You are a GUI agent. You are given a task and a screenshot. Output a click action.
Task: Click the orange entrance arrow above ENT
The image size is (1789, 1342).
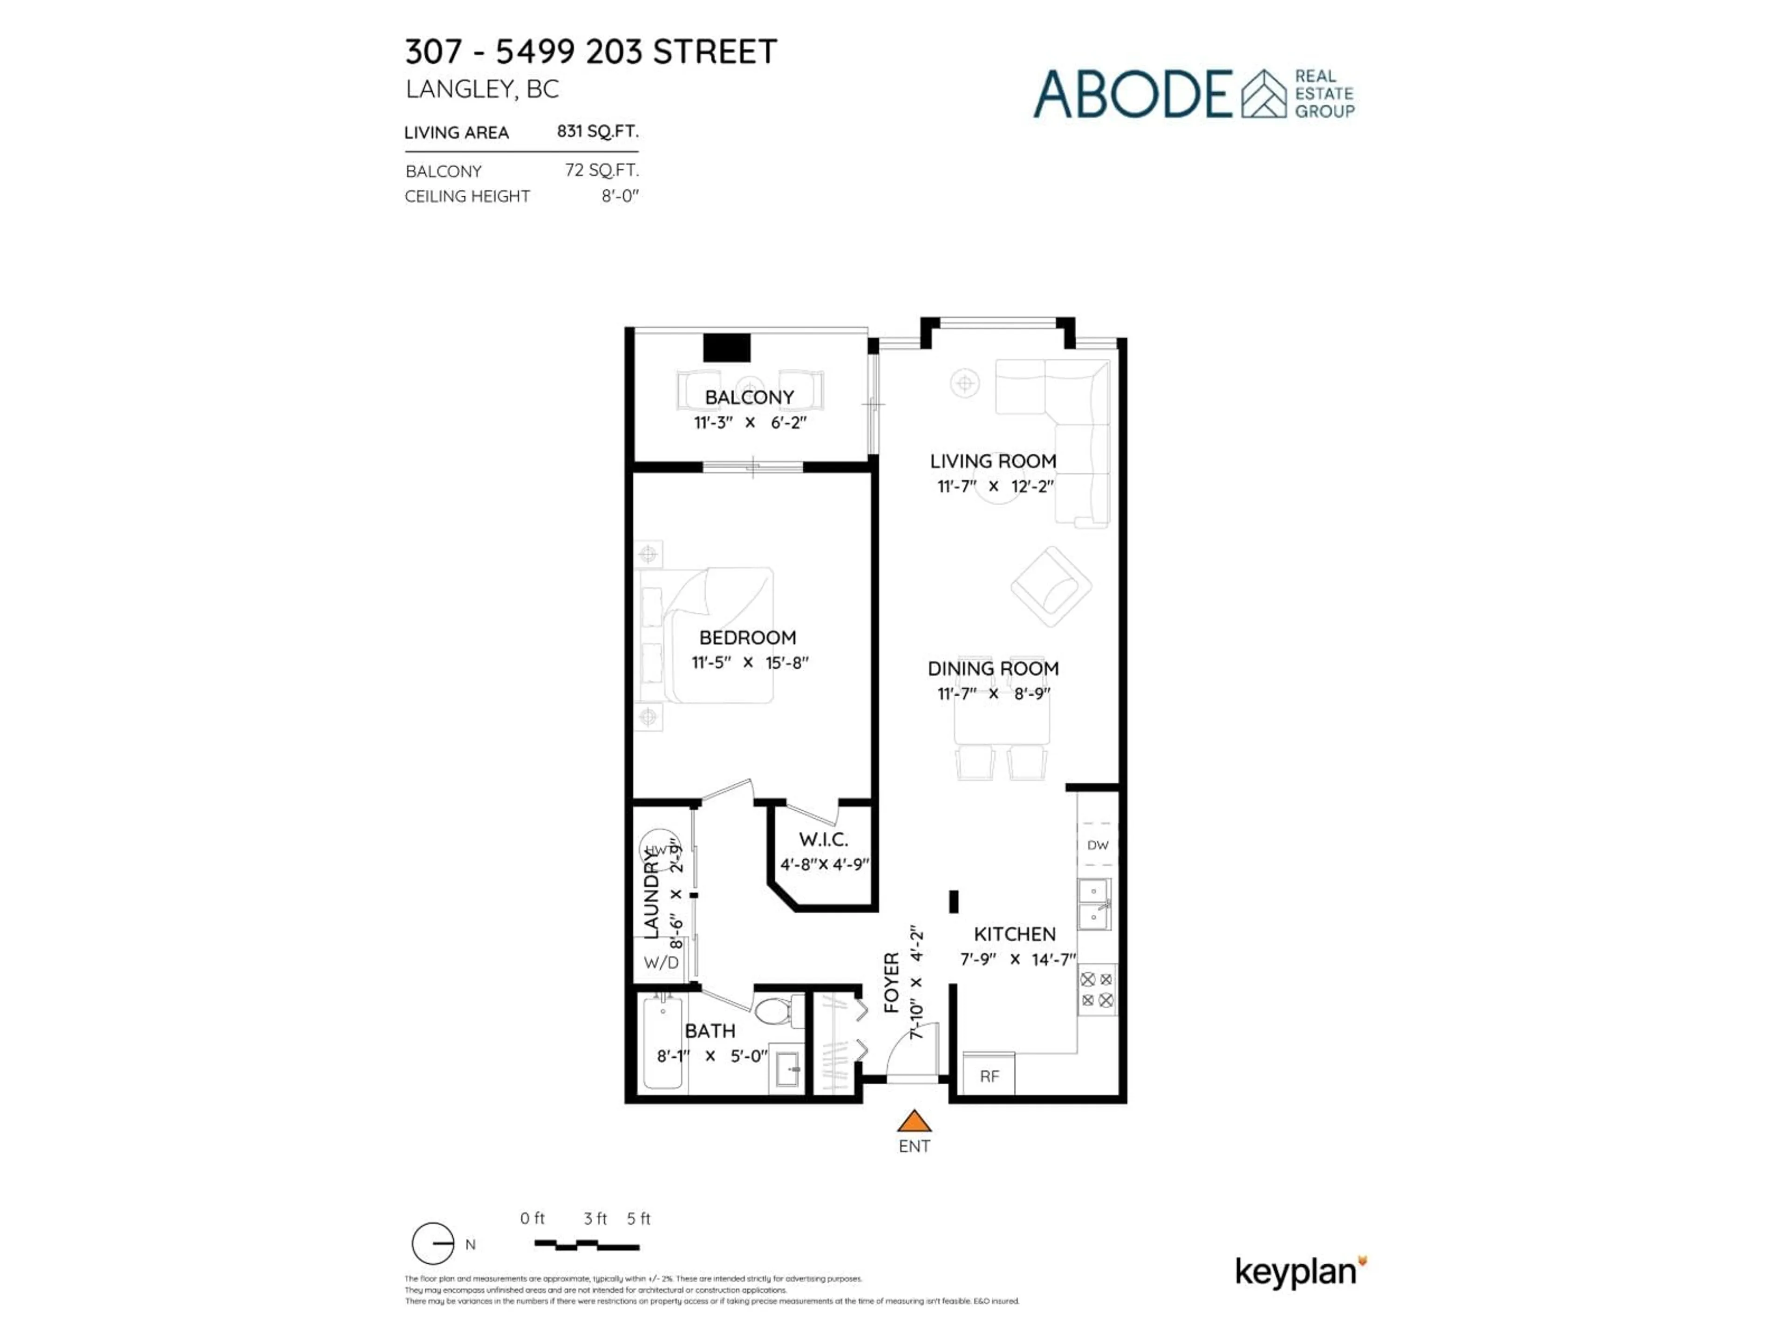pos(914,1121)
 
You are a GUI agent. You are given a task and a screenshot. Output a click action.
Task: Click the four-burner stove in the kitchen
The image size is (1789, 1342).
pos(1097,989)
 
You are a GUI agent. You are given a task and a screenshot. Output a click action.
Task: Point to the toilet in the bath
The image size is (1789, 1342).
pos(777,1010)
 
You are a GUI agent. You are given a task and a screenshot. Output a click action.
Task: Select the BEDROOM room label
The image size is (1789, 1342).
pos(747,637)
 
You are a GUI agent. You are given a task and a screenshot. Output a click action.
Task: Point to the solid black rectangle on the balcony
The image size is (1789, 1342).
pos(726,347)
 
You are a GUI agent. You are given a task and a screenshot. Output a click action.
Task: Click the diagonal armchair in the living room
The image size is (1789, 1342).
pos(1051,587)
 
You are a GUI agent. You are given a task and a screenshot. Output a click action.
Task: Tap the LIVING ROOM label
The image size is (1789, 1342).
pos(992,461)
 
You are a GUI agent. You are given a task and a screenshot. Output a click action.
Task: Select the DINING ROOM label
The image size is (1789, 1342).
pos(992,668)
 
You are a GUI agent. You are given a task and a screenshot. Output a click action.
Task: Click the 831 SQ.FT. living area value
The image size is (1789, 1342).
pos(597,131)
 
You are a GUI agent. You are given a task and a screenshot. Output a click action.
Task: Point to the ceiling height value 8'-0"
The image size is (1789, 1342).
pos(620,196)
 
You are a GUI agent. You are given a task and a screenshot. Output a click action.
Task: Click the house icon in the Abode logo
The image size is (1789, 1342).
pos(1263,94)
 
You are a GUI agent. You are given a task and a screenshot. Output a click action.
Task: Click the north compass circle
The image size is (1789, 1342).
pos(433,1243)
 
